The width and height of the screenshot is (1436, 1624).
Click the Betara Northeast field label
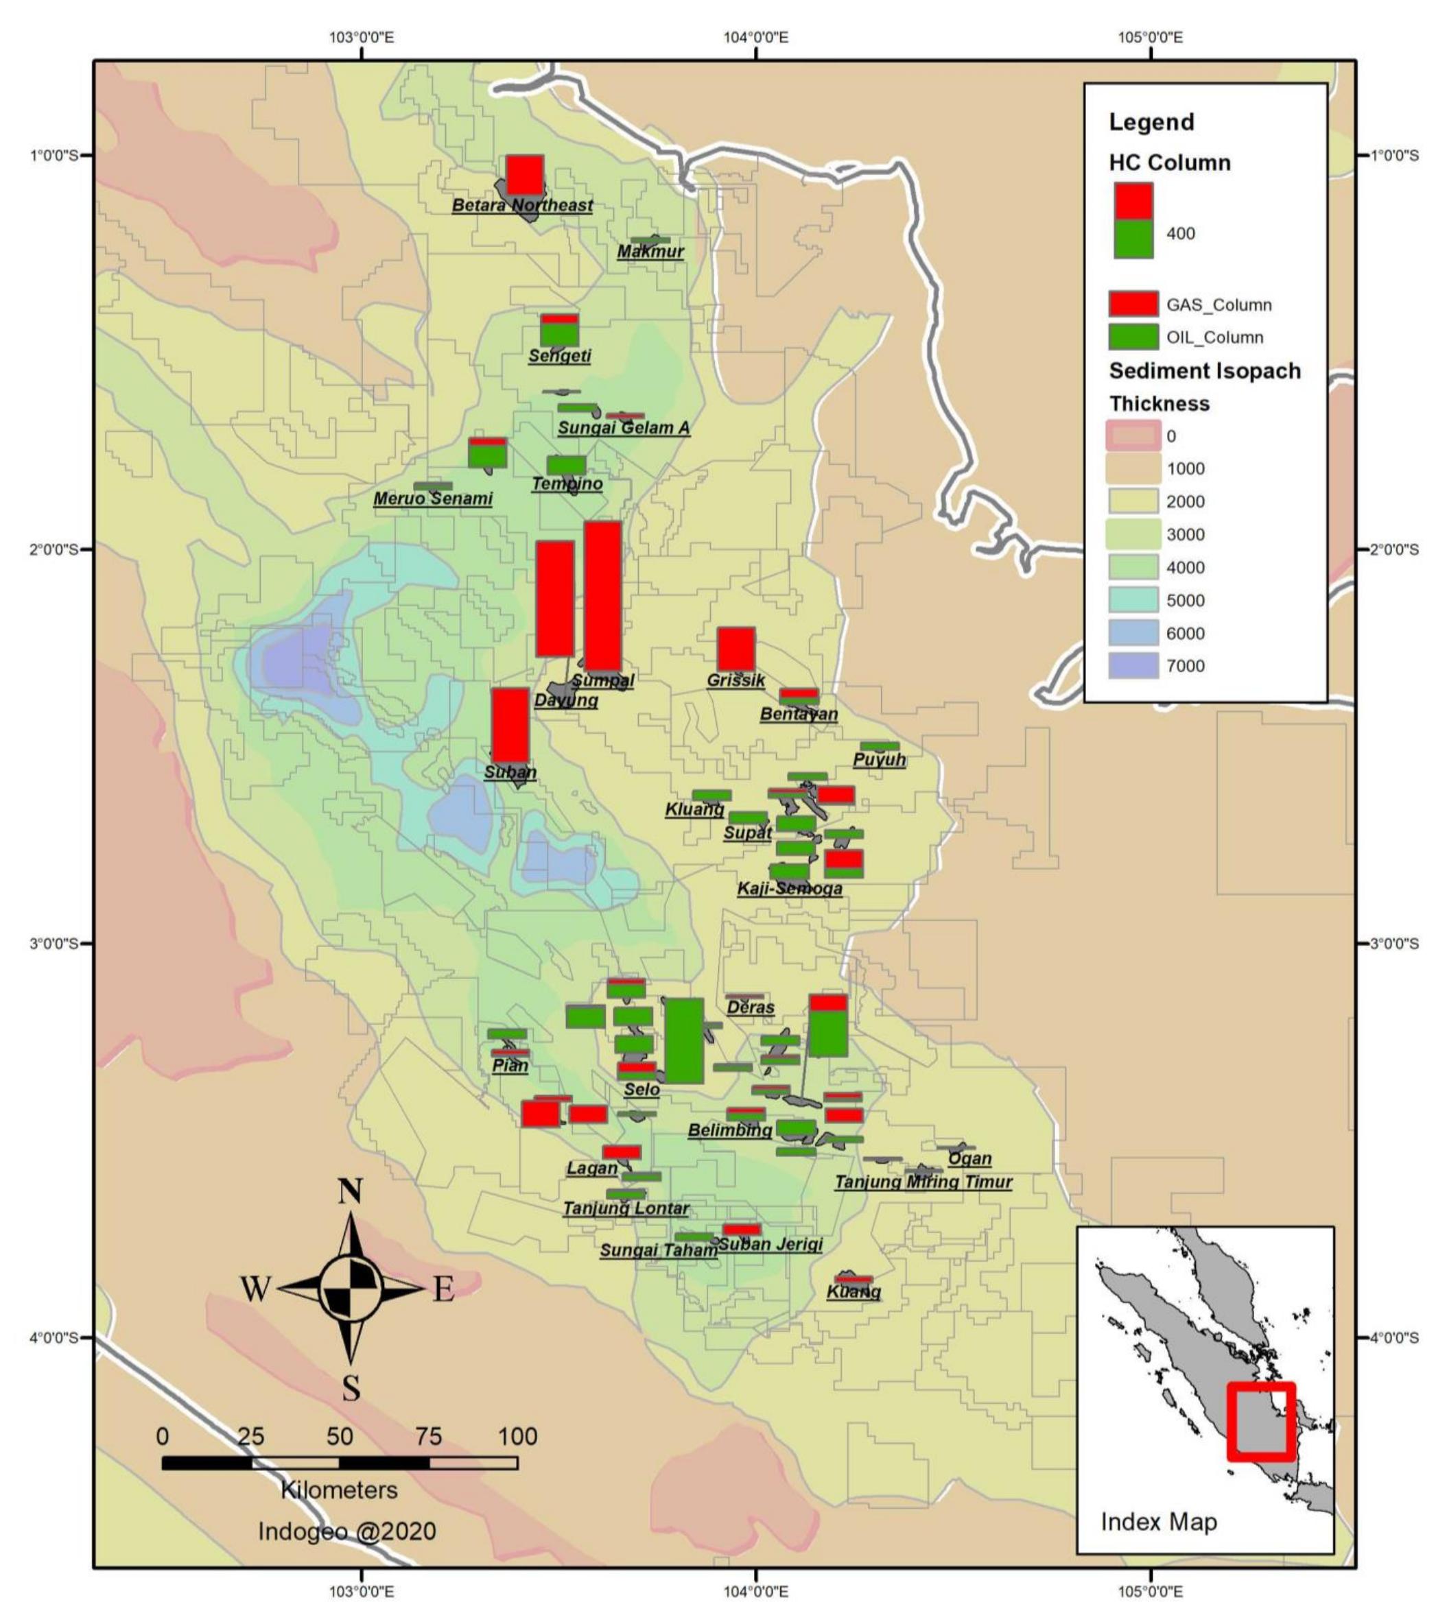click(522, 205)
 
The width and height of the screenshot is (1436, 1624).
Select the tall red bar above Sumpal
click(602, 596)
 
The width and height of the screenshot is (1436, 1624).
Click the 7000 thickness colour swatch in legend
click(1133, 666)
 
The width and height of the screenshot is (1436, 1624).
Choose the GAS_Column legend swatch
click(1133, 304)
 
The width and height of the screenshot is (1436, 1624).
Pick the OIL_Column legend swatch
click(1133, 337)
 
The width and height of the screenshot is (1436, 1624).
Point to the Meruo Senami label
click(433, 499)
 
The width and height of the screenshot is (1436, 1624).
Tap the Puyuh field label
click(879, 760)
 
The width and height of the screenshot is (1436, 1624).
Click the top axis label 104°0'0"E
click(756, 36)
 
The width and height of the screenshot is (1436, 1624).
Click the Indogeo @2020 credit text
click(346, 1530)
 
